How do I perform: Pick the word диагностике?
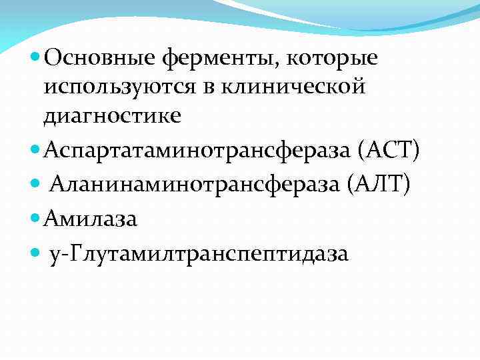coord(112,116)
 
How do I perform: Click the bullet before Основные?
coord(35,59)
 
